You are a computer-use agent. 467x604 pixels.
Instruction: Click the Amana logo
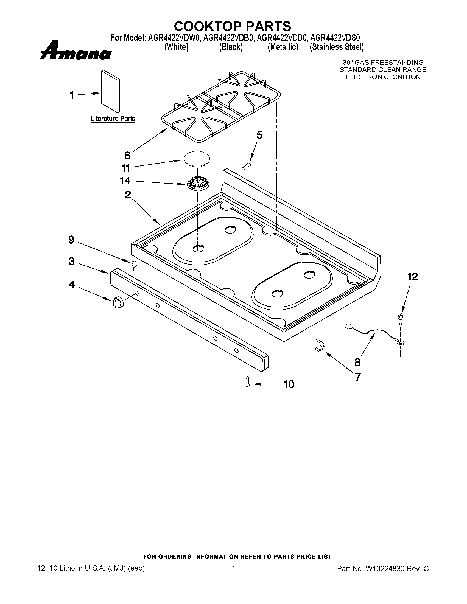pos(75,51)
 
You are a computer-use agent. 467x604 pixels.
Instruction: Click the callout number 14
pos(125,181)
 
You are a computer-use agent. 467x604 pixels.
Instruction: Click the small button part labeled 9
pos(134,265)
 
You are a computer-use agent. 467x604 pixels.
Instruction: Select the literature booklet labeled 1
pos(110,91)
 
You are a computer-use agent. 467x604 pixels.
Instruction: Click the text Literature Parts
pos(113,119)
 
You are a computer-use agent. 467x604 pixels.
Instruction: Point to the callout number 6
pos(127,156)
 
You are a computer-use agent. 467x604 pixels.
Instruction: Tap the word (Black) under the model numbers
pos(231,47)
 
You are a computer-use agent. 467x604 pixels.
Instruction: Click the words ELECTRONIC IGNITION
pos(383,77)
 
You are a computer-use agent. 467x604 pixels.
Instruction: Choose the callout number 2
pos(128,195)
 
